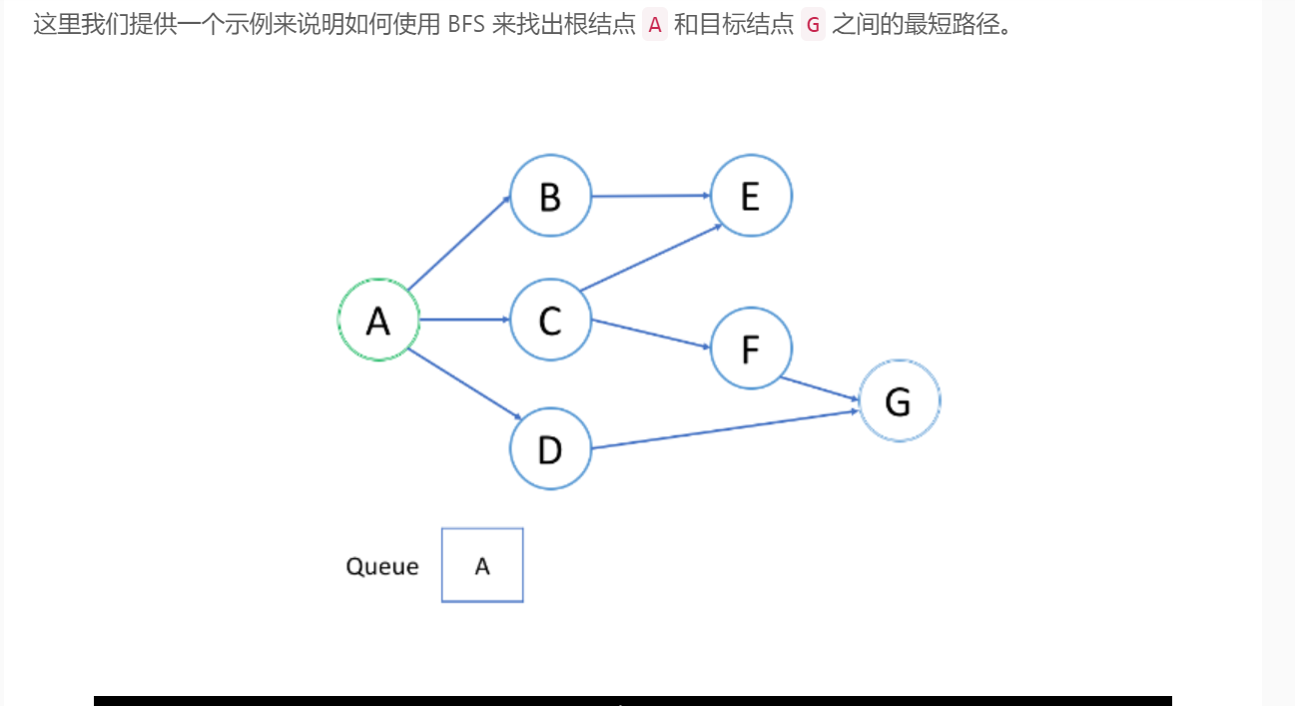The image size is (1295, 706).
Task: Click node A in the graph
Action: coord(378,320)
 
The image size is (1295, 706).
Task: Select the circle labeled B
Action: coord(550,196)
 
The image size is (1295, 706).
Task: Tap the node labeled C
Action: coord(550,320)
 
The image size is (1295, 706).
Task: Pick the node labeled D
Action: coord(550,449)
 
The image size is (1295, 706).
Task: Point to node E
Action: coord(751,196)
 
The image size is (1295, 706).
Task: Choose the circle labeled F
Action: coord(751,348)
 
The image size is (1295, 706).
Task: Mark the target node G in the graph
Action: coord(899,400)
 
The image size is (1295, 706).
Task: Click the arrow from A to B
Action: coord(458,243)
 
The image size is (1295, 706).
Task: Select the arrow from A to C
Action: coord(464,320)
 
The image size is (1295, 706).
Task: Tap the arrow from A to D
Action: coord(464,384)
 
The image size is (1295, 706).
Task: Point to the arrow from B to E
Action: coord(651,196)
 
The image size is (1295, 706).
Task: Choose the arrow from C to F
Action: coord(651,334)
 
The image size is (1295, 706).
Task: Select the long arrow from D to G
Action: coord(724,428)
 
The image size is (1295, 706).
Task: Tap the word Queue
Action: coord(381,566)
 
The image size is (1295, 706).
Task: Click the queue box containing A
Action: coord(482,565)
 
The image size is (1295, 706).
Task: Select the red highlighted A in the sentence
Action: coord(655,25)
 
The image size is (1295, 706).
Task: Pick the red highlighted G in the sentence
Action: coord(813,25)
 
